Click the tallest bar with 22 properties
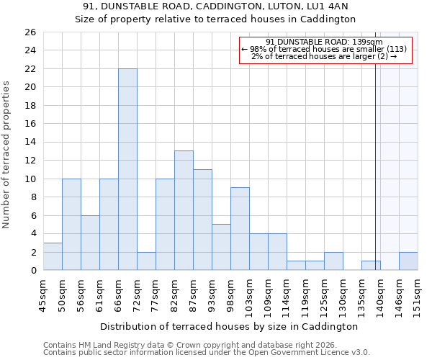point(127,169)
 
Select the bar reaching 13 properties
point(184,210)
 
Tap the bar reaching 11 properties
point(202,220)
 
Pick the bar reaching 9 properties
point(240,229)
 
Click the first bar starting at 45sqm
point(53,256)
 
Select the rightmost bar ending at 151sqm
point(408,261)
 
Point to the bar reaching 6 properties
point(90,243)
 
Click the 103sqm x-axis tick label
point(250,296)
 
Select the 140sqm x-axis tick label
point(380,296)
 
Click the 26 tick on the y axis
point(30,32)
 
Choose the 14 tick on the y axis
point(30,143)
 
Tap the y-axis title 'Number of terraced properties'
point(6,155)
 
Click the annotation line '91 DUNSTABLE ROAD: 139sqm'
point(324,42)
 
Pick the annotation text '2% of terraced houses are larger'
point(324,56)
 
